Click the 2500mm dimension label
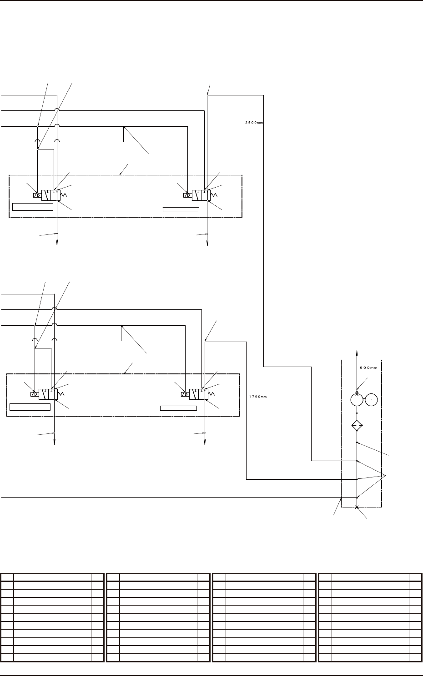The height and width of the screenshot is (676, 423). [252, 122]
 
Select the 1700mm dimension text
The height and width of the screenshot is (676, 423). [257, 397]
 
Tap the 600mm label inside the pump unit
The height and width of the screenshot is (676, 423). [368, 368]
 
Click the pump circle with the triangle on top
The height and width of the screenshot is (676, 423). [357, 400]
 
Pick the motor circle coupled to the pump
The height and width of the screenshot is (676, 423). [372, 400]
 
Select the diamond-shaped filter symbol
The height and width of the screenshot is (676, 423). [357, 426]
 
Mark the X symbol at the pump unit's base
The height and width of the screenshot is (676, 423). [357, 507]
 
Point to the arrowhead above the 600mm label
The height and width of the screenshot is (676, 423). [358, 352]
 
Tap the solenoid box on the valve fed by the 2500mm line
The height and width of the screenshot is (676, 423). [187, 195]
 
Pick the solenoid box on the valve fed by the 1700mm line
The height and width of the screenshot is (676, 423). [185, 394]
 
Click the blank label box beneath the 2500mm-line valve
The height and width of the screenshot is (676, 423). [181, 209]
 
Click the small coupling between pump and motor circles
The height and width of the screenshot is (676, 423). [365, 400]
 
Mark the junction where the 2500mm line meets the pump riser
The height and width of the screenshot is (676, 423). [358, 461]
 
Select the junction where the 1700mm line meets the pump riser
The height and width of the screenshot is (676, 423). [358, 479]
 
